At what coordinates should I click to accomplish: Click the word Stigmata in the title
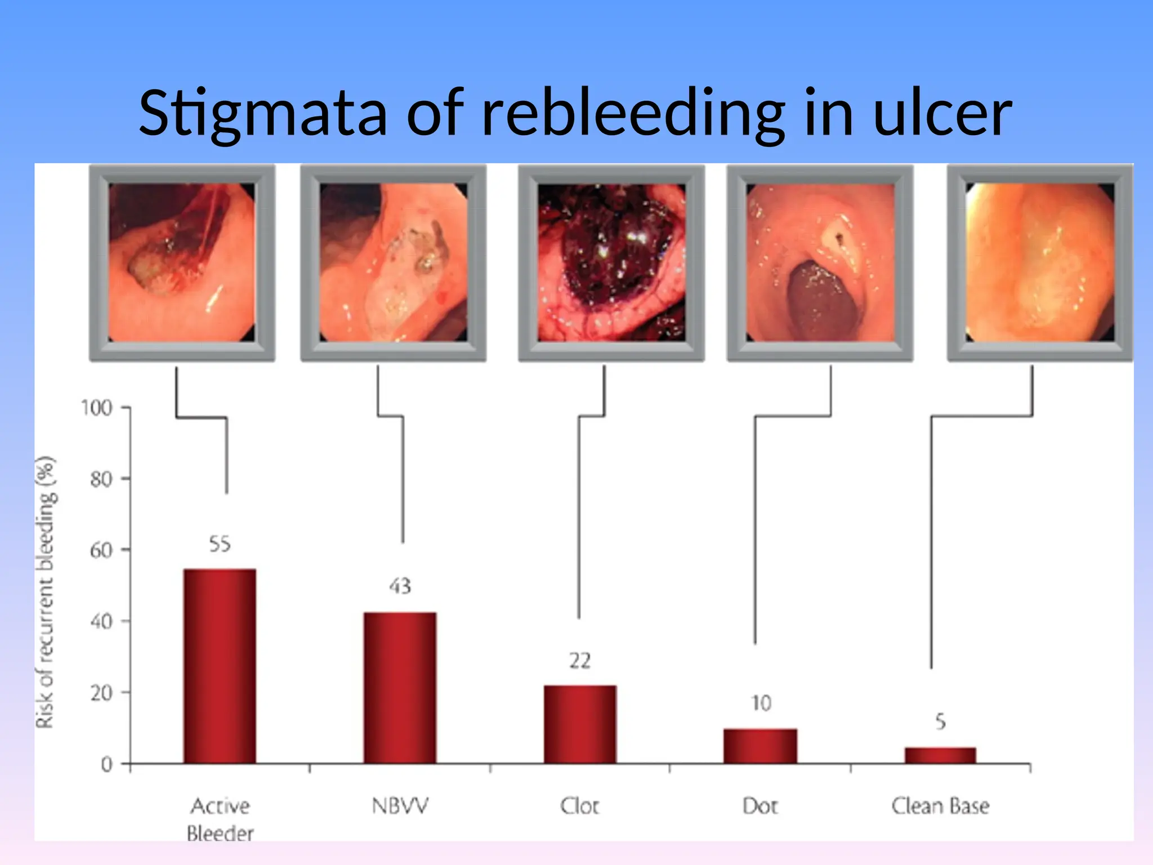[263, 113]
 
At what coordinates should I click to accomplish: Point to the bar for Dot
[760, 746]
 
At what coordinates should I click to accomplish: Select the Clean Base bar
[940, 755]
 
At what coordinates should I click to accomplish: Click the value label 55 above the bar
[220, 544]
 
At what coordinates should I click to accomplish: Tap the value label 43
[400, 586]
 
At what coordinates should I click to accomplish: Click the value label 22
[580, 661]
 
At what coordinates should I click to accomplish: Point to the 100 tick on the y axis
[97, 408]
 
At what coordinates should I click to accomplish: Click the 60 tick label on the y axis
[101, 550]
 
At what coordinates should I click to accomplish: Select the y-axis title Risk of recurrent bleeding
[46, 591]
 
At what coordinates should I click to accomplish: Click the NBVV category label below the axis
[400, 806]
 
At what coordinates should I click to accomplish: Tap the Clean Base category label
[940, 806]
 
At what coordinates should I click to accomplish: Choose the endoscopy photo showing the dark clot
[611, 262]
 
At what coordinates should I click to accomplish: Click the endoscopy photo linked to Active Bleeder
[182, 262]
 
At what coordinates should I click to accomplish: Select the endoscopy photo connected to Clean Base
[1039, 262]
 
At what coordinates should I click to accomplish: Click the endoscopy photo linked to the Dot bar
[820, 262]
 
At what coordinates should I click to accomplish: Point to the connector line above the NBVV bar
[403, 479]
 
